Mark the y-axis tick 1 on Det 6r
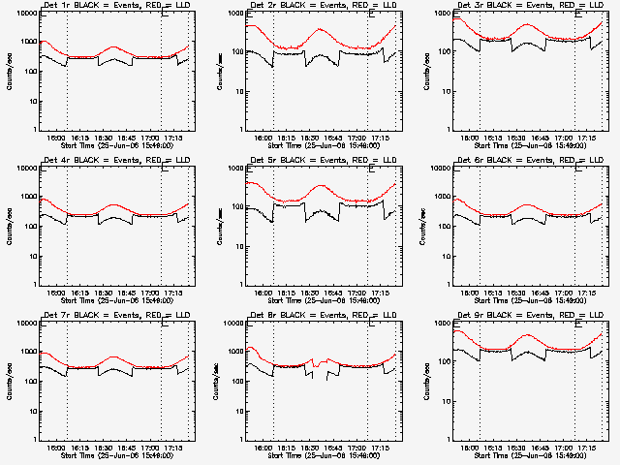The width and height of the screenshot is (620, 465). tap(449, 285)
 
